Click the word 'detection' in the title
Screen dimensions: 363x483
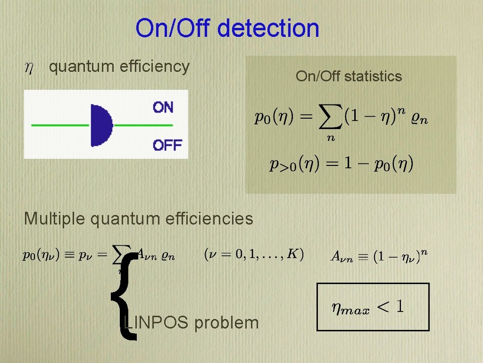click(268, 28)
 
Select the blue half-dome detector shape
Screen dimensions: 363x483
click(101, 125)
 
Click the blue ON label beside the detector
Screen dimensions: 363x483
click(163, 107)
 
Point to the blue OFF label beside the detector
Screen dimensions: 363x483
click(167, 145)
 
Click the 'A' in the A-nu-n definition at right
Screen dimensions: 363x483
click(335, 257)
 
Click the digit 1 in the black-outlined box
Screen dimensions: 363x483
click(399, 307)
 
